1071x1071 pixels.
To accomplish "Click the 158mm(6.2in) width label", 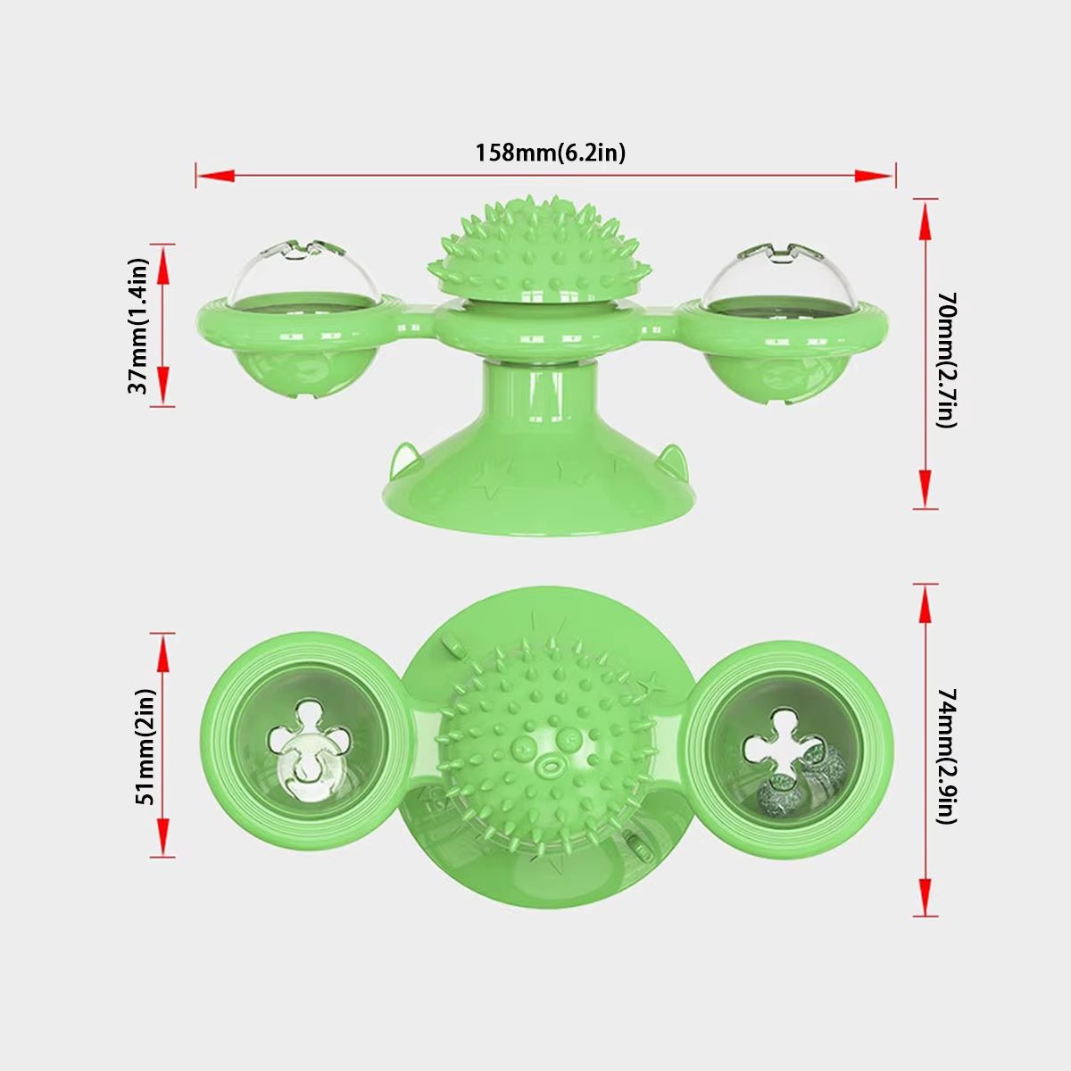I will [550, 153].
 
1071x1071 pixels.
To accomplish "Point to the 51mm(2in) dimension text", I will [145, 746].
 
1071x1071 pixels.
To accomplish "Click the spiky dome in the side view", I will [535, 253].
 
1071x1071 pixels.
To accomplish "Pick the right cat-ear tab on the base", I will [668, 461].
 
